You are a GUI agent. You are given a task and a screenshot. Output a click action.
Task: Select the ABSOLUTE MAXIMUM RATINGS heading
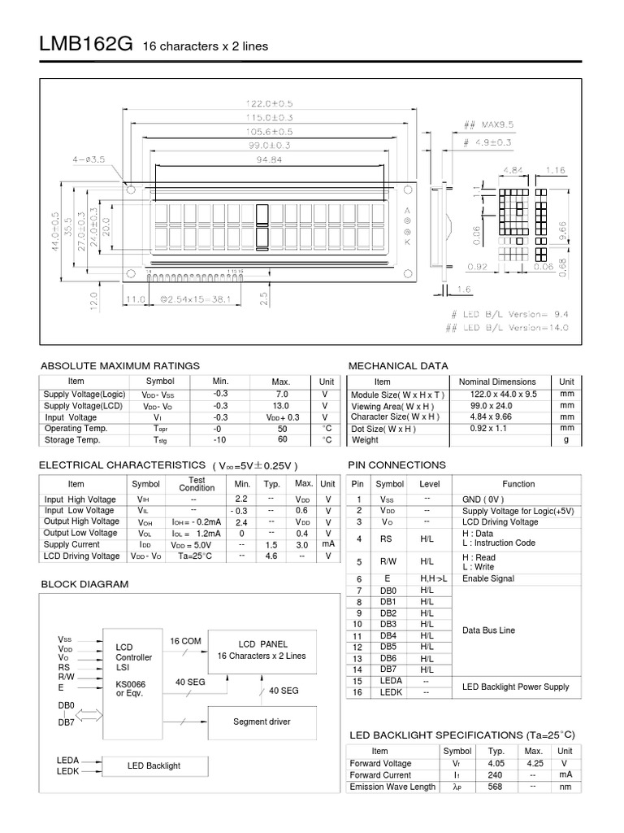point(119,366)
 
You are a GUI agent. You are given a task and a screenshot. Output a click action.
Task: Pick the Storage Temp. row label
point(72,440)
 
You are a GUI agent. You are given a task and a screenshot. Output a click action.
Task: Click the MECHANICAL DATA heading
point(398,366)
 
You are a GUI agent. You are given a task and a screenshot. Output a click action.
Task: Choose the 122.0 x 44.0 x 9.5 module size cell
point(497,395)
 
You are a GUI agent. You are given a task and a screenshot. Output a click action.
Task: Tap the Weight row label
point(366,440)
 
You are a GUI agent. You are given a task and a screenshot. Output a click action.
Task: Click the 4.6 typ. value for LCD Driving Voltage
point(271,556)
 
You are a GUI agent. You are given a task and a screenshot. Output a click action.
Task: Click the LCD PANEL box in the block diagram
point(262,649)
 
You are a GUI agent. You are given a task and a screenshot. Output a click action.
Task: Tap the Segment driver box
point(262,722)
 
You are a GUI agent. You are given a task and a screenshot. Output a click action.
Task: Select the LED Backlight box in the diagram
point(154,765)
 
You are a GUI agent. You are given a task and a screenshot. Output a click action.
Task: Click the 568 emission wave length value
point(496,787)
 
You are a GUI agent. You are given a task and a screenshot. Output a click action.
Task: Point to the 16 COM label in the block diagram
point(185,642)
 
